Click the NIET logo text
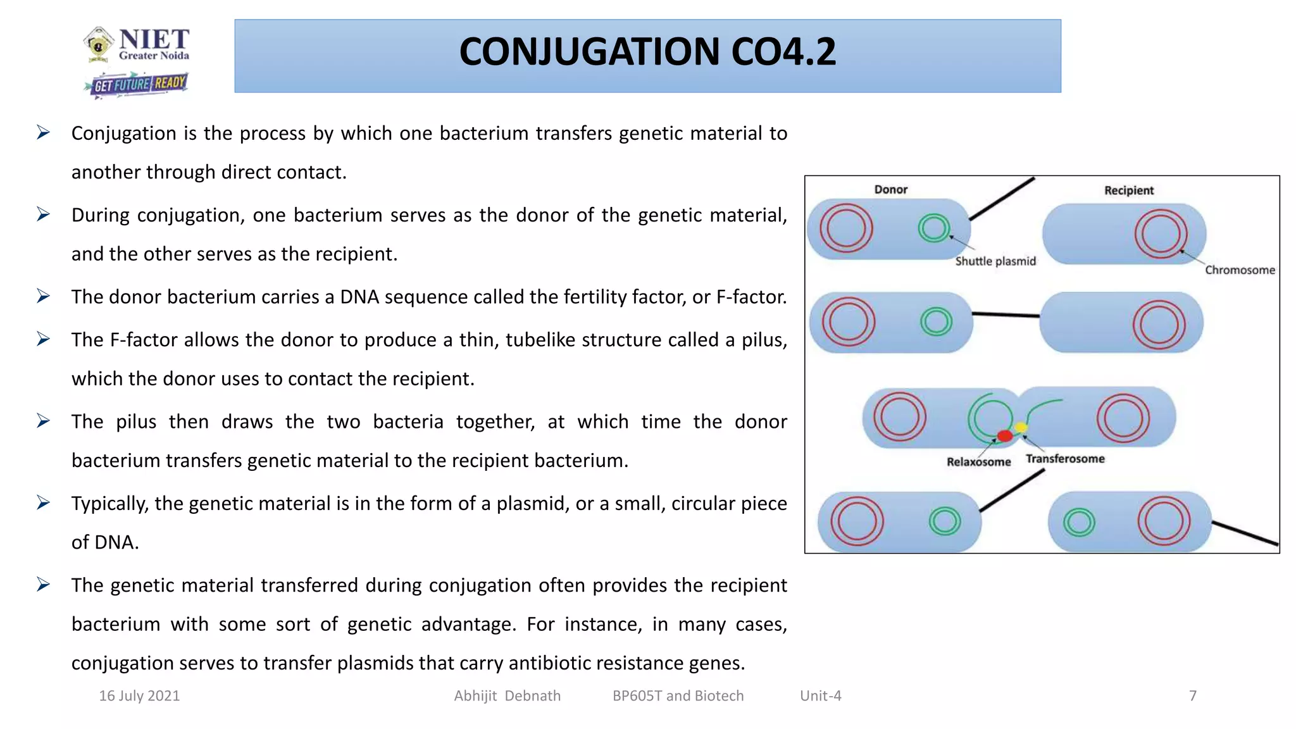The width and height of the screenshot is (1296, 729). click(x=154, y=40)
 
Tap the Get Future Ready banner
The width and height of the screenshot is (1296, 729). click(x=139, y=84)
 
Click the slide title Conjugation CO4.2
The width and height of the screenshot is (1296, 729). click(x=647, y=52)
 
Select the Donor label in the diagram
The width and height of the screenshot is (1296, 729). click(x=890, y=189)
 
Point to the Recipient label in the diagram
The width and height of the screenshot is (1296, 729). click(x=1128, y=190)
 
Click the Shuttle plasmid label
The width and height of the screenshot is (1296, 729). click(x=995, y=261)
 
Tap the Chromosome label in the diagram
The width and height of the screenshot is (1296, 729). click(x=1239, y=270)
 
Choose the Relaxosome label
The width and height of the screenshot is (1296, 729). click(x=978, y=462)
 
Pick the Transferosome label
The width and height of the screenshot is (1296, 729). click(x=1065, y=459)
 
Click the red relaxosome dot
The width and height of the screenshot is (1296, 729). click(x=1004, y=435)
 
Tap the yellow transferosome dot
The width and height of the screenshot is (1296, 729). click(x=1021, y=427)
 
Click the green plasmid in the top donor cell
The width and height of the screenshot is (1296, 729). click(x=934, y=228)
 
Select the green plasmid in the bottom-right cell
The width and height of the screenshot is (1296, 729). click(x=1079, y=523)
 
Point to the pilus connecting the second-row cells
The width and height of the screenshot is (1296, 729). click(x=1006, y=315)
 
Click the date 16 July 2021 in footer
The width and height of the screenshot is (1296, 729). click(x=139, y=696)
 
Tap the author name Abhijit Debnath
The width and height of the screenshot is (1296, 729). click(x=507, y=696)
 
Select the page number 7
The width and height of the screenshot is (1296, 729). click(x=1192, y=696)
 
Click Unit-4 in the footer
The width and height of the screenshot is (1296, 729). click(x=820, y=696)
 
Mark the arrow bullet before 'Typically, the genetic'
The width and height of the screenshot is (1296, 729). click(x=43, y=503)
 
